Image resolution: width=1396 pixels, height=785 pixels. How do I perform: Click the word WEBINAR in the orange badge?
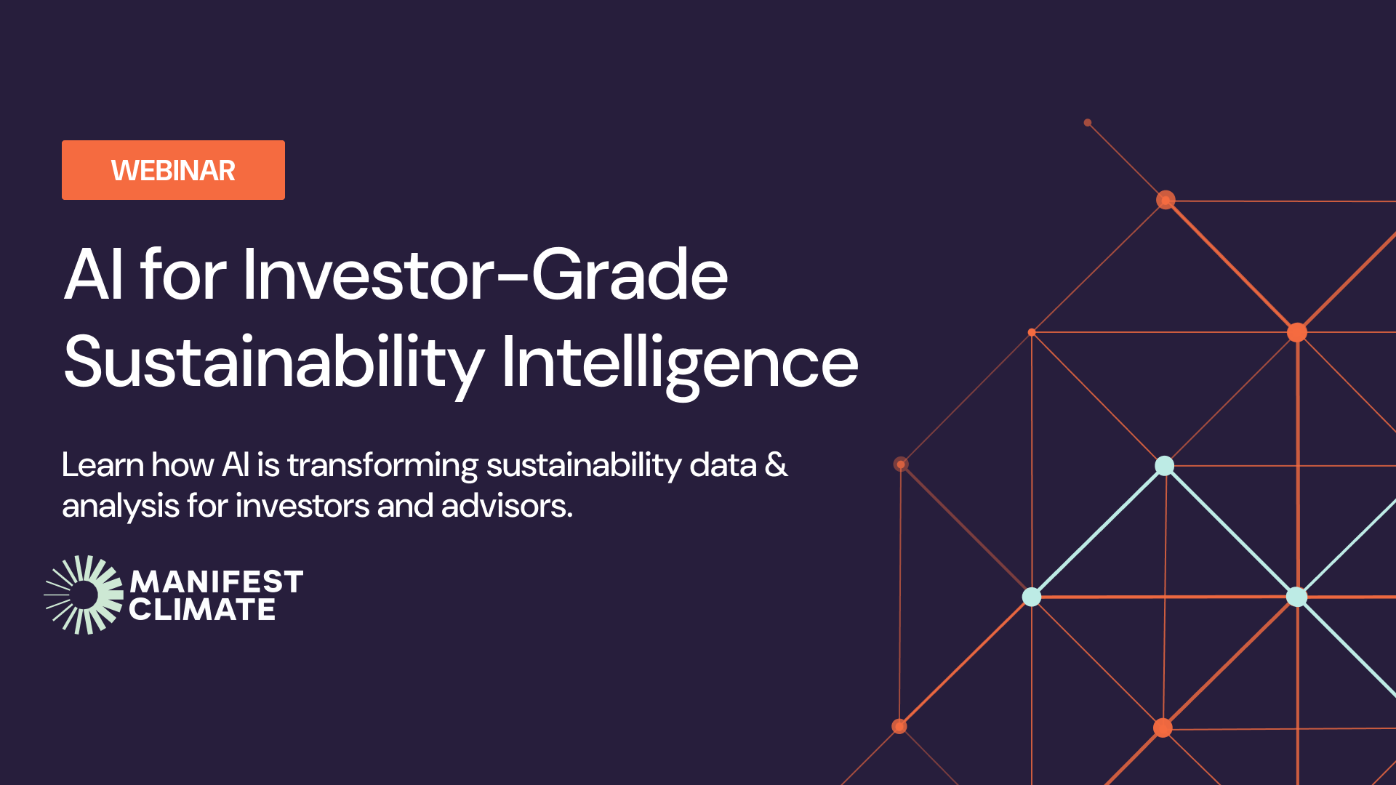click(x=173, y=171)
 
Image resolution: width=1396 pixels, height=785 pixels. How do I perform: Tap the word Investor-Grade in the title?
click(x=485, y=275)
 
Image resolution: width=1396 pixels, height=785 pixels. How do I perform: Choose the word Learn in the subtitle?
click(x=103, y=465)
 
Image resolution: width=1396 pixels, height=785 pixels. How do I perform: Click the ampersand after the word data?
click(x=777, y=465)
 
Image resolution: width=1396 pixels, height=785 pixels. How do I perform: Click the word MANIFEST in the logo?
click(x=216, y=582)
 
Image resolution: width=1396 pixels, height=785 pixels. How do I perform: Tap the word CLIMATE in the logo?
click(x=202, y=610)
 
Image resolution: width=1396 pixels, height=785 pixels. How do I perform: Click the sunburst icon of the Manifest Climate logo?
click(x=84, y=595)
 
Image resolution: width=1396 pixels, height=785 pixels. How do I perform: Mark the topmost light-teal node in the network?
click(x=1165, y=465)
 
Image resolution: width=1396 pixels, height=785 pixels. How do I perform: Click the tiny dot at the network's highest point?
click(x=1088, y=123)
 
